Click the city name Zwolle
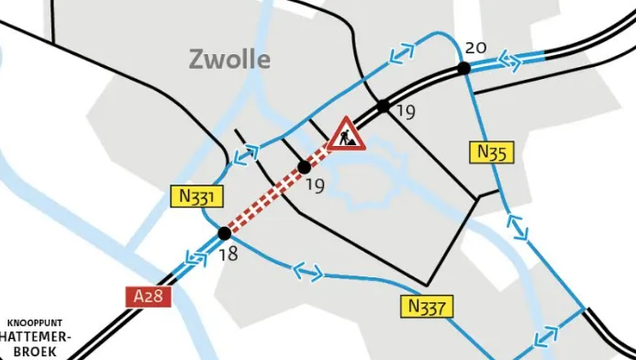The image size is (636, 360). (229, 61)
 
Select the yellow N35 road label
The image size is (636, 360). (492, 152)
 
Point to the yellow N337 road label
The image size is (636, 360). (425, 306)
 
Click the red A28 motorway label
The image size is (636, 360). (147, 297)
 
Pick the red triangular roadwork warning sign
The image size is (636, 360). (346, 135)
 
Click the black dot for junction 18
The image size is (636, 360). (224, 234)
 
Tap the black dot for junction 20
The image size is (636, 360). (464, 67)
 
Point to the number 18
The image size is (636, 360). (228, 254)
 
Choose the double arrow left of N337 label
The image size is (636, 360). (307, 272)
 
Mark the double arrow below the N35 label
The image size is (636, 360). (517, 225)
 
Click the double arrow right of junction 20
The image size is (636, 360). (509, 61)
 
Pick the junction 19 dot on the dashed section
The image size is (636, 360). (305, 166)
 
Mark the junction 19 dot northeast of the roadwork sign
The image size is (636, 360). (383, 106)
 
